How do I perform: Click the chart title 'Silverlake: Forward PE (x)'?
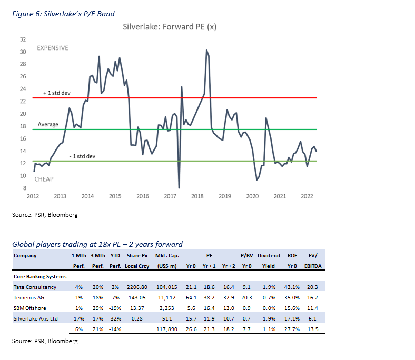(x=169, y=26)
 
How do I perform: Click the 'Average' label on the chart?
(x=48, y=125)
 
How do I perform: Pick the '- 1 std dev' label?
(x=83, y=156)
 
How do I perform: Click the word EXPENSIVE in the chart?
(x=52, y=48)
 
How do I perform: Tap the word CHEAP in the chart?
(x=44, y=179)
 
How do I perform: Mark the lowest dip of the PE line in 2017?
(x=179, y=188)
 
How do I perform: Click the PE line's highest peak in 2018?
(x=206, y=51)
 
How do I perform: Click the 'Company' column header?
(x=26, y=255)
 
